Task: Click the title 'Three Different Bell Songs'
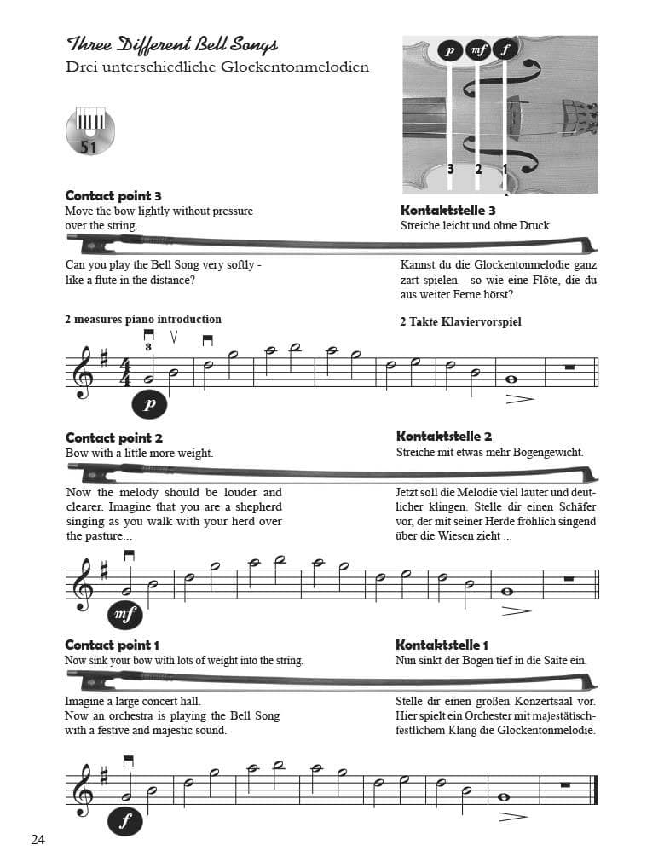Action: click(172, 45)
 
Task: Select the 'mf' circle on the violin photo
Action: click(478, 51)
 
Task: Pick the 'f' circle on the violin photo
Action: click(505, 50)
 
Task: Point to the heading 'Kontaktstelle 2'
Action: click(444, 437)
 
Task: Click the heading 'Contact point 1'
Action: click(113, 645)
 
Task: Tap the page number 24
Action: click(38, 839)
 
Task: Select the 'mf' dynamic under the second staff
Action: click(126, 613)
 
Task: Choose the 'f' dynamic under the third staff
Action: click(125, 822)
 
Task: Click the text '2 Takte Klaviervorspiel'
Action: click(460, 321)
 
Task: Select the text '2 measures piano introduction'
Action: click(143, 320)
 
